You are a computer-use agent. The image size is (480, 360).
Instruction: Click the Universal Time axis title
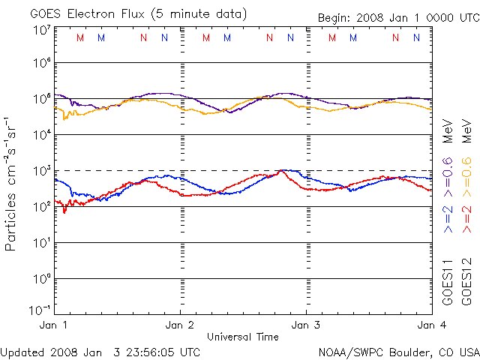point(242,337)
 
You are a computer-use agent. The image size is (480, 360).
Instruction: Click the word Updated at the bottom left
point(22,352)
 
